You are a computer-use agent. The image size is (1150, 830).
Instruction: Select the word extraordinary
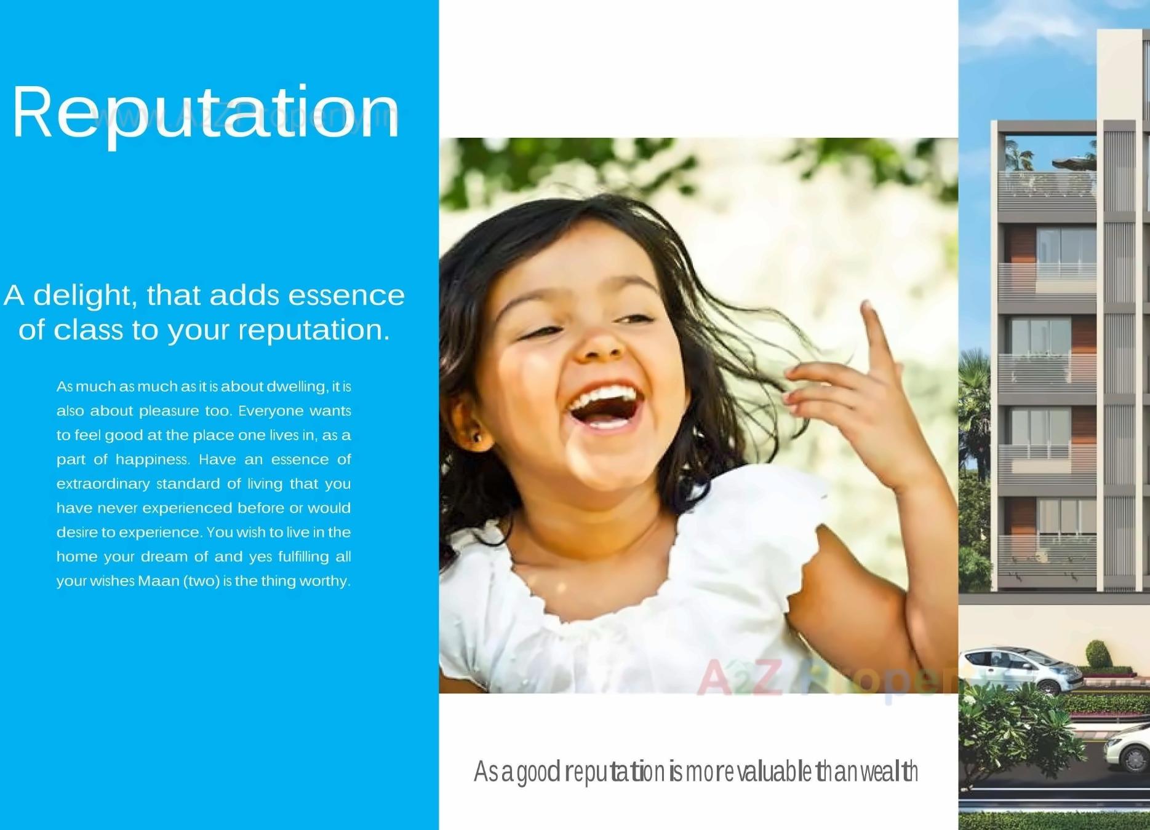pyautogui.click(x=103, y=484)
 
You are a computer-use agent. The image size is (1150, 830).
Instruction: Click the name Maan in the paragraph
pyautogui.click(x=158, y=581)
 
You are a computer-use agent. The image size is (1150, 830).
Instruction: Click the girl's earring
pyautogui.click(x=476, y=438)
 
